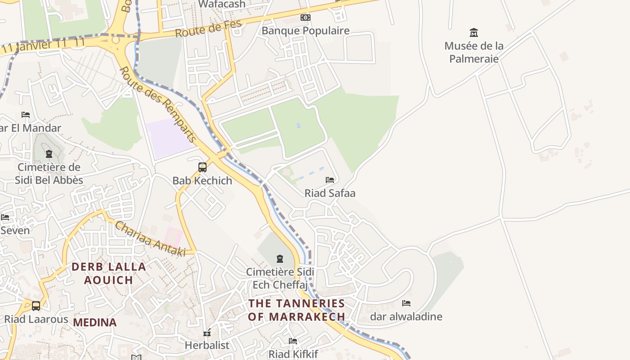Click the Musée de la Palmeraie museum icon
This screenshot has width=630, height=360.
click(473, 32)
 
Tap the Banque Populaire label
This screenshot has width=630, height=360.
click(306, 31)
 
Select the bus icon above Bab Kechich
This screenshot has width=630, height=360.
click(202, 167)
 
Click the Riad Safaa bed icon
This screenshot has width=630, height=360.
click(330, 180)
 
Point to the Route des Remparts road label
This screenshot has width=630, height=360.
click(158, 104)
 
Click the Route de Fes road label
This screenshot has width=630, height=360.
click(208, 29)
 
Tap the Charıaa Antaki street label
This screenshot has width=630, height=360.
click(150, 238)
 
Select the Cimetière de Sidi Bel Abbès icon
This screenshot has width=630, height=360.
click(49, 154)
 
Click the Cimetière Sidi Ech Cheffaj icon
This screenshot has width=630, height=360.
click(280, 259)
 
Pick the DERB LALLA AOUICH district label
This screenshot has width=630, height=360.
click(109, 273)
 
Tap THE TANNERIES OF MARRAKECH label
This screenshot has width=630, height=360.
click(297, 310)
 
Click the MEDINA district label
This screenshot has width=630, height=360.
click(95, 322)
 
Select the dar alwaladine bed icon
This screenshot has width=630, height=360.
click(406, 303)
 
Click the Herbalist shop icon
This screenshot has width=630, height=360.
click(207, 333)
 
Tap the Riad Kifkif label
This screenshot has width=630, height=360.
click(293, 354)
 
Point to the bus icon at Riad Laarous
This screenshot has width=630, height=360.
click(36, 306)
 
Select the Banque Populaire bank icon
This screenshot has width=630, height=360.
click(306, 18)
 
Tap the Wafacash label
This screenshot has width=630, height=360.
click(222, 4)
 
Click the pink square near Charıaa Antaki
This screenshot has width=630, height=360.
click(173, 236)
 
